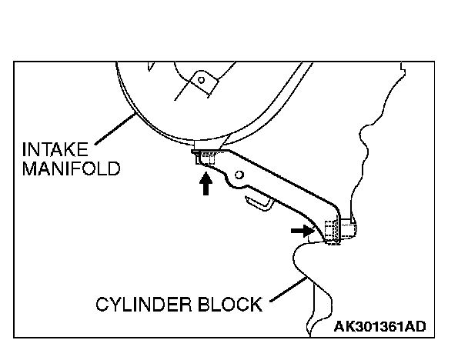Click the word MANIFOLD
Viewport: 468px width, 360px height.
click(x=70, y=168)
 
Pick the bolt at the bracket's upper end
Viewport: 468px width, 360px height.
click(x=204, y=158)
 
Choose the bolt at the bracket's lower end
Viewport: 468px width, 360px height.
click(x=332, y=233)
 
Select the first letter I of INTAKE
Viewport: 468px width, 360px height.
click(x=25, y=148)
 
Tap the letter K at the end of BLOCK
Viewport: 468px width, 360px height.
click(x=255, y=305)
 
